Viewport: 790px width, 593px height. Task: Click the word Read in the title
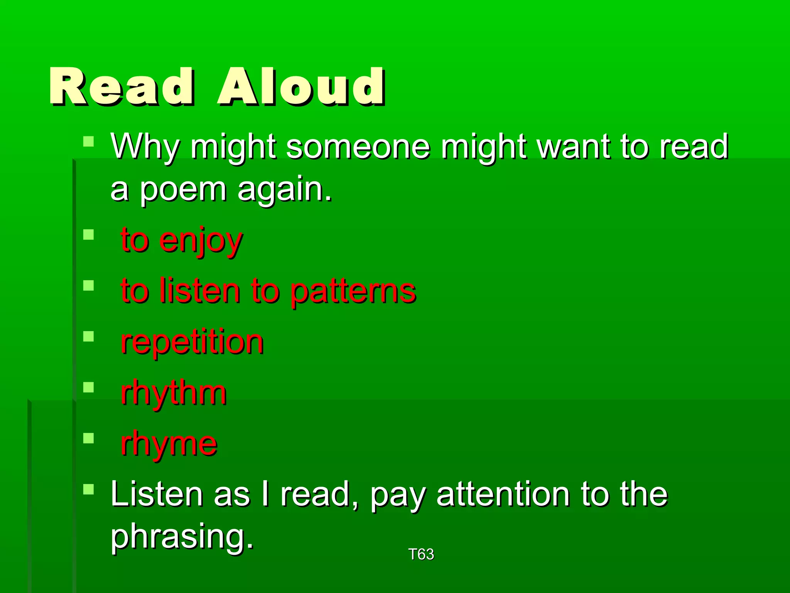tap(122, 87)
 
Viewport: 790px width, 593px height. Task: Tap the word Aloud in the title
tap(301, 87)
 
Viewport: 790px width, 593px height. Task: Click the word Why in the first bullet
tap(145, 147)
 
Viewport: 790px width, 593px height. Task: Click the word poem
tap(183, 190)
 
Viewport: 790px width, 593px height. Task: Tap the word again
tap(285, 190)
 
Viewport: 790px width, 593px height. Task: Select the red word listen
tap(200, 291)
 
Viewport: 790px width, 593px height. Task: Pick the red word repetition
tap(192, 343)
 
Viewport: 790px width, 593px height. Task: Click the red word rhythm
tap(174, 394)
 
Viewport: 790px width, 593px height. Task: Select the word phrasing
tap(181, 537)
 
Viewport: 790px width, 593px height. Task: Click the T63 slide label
tap(421, 554)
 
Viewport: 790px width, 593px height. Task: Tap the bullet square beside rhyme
tap(89, 438)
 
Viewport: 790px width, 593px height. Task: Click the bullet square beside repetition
tap(89, 336)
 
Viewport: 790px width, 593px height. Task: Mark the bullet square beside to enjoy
tap(89, 235)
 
